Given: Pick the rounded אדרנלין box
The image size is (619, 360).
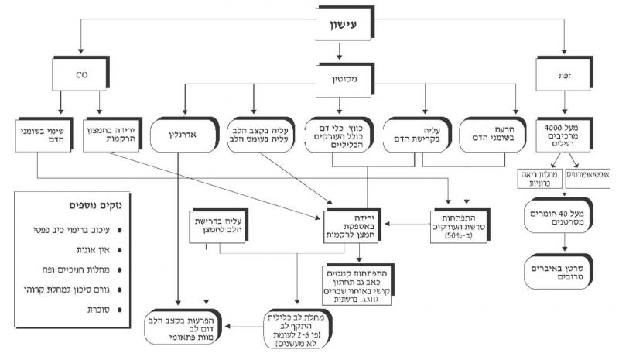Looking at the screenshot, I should point(181,132).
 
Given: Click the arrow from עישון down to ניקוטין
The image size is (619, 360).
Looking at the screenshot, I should point(339,53).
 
